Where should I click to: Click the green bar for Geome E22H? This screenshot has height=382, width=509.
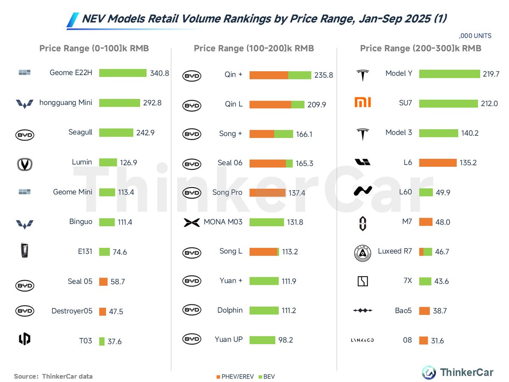[123, 73]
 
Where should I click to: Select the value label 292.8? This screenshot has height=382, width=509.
[153, 103]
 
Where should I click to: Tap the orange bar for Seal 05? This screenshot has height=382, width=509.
[103, 281]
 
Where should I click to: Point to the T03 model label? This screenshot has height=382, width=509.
[85, 341]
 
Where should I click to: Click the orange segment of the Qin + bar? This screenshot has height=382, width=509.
[268, 75]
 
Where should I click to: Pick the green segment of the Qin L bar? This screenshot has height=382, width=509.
[298, 104]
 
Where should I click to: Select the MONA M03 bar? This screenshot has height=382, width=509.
[266, 222]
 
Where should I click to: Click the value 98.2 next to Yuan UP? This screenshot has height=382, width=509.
[286, 340]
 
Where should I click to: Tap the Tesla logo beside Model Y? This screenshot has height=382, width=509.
[362, 75]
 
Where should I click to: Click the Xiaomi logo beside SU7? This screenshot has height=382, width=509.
[363, 102]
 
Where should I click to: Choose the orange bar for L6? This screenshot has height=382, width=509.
[438, 163]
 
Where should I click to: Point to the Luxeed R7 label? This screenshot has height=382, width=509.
[395, 251]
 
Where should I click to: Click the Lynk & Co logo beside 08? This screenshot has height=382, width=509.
[362, 340]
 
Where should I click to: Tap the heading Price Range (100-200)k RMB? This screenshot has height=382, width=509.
[254, 48]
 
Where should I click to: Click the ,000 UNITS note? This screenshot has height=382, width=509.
[475, 36]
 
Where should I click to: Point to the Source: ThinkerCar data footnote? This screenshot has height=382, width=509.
[53, 376]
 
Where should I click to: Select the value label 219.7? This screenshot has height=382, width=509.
[491, 74]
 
